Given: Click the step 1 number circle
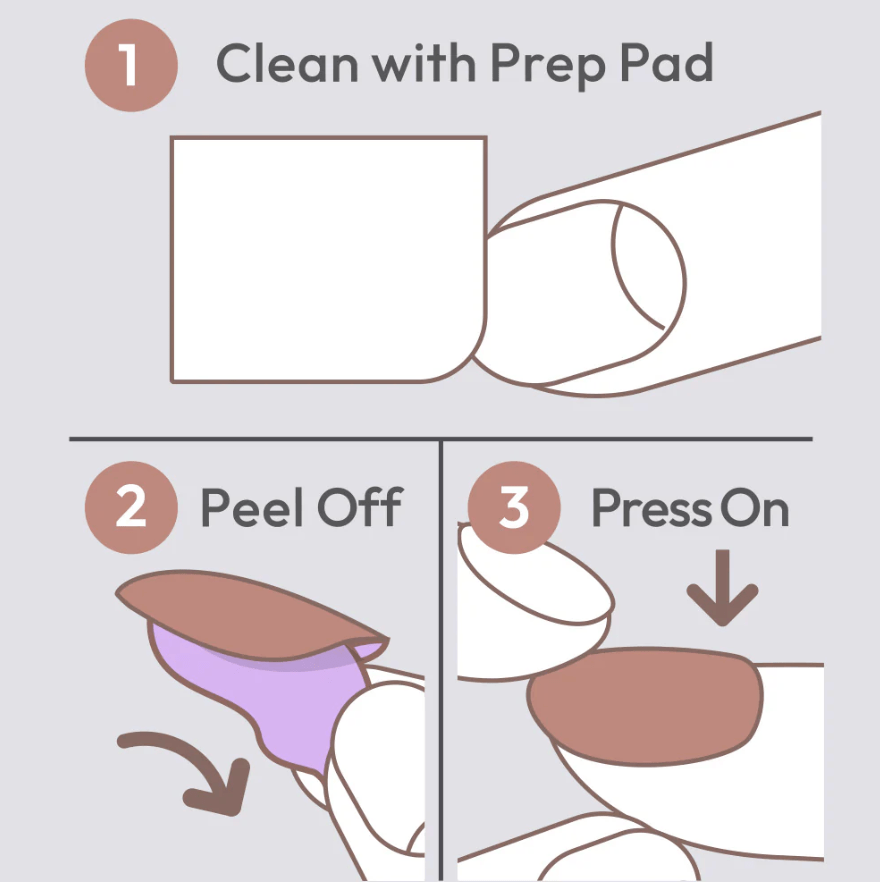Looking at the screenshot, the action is [131, 65].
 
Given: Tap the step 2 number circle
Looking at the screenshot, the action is [131, 507].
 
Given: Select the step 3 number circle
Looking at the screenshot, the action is [514, 507].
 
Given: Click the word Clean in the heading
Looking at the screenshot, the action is [287, 63].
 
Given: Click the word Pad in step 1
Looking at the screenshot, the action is [667, 63].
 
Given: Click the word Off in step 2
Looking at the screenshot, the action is [360, 507].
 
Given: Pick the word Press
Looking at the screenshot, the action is [652, 508].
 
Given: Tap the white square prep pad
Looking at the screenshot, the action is [328, 259].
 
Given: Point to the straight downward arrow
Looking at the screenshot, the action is [722, 587].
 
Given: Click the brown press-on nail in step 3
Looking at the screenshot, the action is [645, 705].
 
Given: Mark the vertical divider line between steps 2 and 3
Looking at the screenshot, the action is [442, 660].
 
